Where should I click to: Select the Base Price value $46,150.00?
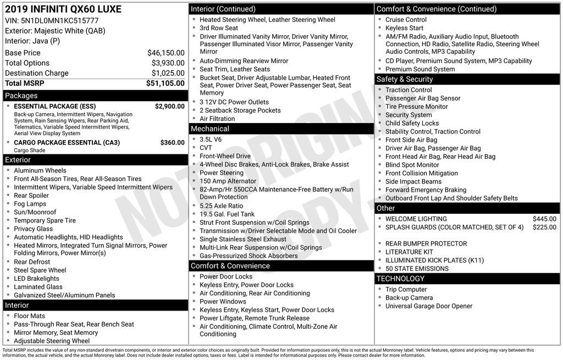[165, 53]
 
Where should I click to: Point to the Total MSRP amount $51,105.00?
[165, 83]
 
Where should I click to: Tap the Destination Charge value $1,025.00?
[168, 73]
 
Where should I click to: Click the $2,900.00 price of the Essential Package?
[169, 106]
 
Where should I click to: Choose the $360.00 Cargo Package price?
[172, 142]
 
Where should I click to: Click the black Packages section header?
[94, 96]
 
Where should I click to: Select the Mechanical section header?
[281, 129]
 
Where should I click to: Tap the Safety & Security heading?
[467, 79]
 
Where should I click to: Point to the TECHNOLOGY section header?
[467, 279]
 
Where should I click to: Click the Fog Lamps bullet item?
[30, 204]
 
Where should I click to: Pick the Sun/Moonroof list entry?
[35, 212]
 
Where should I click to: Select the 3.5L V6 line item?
[211, 140]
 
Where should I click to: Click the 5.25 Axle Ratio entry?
[221, 206]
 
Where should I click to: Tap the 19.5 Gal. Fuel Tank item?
[227, 214]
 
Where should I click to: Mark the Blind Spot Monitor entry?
[412, 165]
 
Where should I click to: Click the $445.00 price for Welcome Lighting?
[544, 219]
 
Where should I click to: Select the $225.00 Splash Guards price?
[544, 227]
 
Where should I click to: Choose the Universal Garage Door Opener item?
[428, 306]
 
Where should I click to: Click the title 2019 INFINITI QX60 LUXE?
[63, 9]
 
